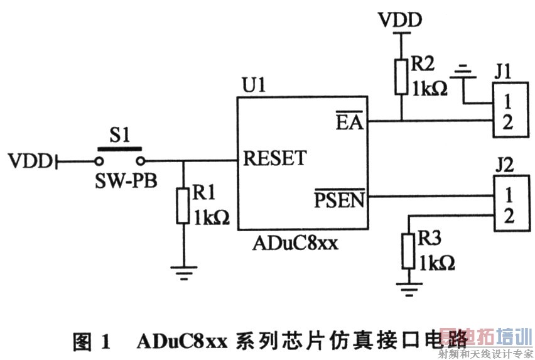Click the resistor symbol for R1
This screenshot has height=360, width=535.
[183, 205]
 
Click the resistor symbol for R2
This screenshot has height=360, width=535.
[400, 77]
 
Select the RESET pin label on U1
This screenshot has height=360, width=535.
[274, 158]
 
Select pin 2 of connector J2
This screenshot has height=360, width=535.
[509, 217]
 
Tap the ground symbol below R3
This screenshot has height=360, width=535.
[409, 290]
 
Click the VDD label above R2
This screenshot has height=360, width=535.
[400, 21]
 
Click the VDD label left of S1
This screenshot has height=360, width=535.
[30, 161]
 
